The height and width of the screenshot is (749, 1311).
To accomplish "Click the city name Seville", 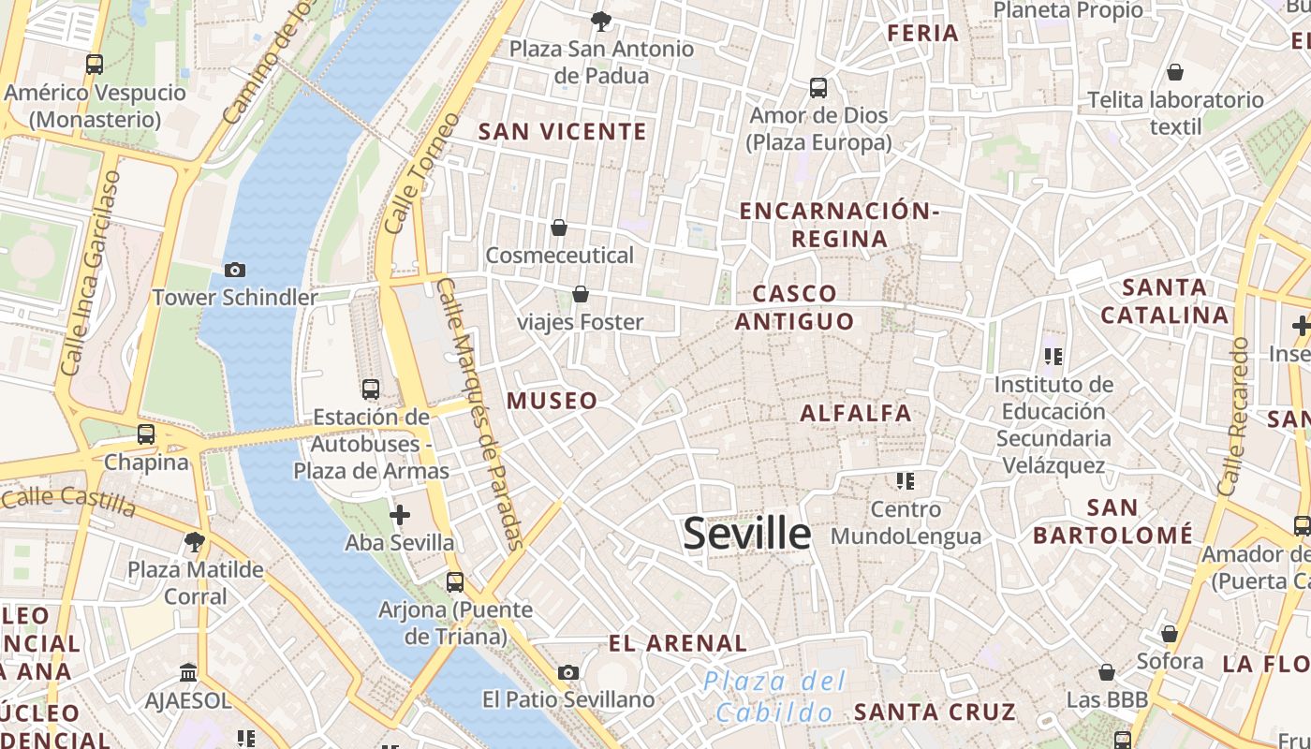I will [x=746, y=534].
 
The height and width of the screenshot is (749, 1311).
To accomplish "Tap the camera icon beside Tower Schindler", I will [x=234, y=270].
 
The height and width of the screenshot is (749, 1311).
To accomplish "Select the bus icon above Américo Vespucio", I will [x=94, y=65].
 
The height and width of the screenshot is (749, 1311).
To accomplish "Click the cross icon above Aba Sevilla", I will [x=400, y=515].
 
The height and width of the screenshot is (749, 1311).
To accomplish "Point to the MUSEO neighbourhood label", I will [x=552, y=401].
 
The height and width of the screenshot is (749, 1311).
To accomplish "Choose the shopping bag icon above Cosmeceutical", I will [x=559, y=228].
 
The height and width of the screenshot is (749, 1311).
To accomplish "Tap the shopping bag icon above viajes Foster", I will [x=581, y=295].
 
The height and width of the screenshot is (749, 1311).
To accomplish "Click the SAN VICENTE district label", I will [x=562, y=132].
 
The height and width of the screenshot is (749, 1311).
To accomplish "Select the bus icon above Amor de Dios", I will [x=818, y=88].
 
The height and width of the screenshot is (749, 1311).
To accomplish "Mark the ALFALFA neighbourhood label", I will [x=855, y=413].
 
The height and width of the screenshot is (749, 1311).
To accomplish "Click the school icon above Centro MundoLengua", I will [x=905, y=481].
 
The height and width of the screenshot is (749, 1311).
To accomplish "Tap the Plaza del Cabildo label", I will [x=774, y=697].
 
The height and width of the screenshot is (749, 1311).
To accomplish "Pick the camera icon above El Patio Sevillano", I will [x=567, y=672].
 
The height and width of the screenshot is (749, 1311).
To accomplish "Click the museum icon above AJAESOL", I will [x=188, y=673].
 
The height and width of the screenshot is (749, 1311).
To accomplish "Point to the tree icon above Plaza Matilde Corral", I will [x=195, y=541].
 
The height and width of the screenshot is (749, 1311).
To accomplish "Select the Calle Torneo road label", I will [x=421, y=174].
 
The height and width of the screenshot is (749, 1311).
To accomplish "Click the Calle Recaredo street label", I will [x=1233, y=417].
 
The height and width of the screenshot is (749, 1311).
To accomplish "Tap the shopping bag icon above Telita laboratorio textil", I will [x=1175, y=72].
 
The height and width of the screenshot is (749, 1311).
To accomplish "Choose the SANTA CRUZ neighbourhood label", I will [x=934, y=712].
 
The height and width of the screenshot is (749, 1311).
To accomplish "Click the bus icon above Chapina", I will [x=145, y=434].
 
